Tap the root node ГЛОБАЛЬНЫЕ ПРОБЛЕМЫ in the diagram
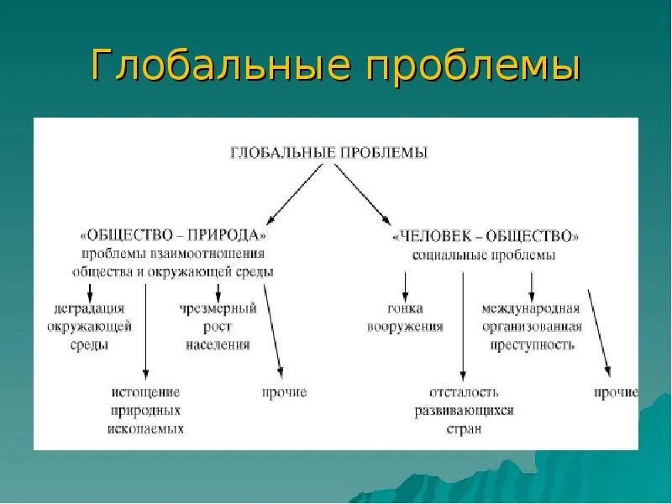tap(328, 153)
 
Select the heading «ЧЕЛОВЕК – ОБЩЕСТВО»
tap(485, 236)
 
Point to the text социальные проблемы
tap(485, 255)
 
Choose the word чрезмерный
tap(218, 308)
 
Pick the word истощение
tap(145, 392)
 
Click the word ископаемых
tap(145, 428)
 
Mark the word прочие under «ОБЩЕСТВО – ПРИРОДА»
tap(284, 392)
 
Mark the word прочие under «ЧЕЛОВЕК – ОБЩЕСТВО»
tap(616, 392)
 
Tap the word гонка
tap(404, 308)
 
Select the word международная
tap(531, 308)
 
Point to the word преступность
tap(531, 344)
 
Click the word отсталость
tap(464, 392)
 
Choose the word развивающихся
tap(464, 411)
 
